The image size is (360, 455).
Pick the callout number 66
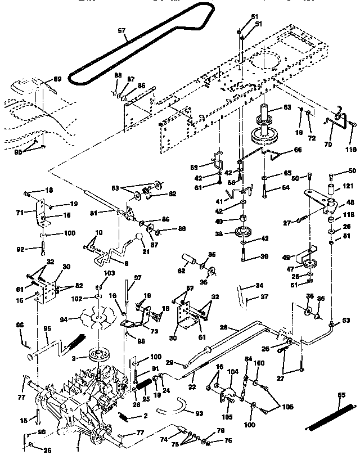point(298,150)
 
